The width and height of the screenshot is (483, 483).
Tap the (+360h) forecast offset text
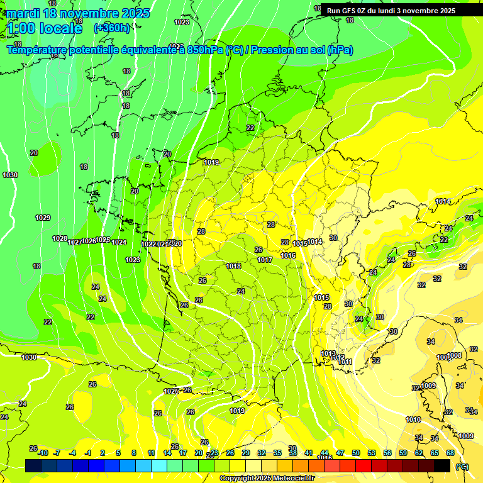tap(112, 28)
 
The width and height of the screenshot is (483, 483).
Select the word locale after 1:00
tap(60, 28)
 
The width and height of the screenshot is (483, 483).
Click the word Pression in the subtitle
tap(277, 50)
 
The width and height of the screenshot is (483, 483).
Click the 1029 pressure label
tap(43, 218)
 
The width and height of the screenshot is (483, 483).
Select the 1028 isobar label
tap(60, 238)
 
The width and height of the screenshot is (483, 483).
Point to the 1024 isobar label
tap(119, 242)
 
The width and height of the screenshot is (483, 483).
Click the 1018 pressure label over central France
tap(233, 266)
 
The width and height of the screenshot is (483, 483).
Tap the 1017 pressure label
tap(265, 260)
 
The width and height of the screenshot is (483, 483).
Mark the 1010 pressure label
tap(413, 419)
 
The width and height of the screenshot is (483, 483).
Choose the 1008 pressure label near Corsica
tap(454, 356)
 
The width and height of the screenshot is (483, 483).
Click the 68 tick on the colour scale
tap(450, 453)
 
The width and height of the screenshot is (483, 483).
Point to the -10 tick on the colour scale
tap(42, 453)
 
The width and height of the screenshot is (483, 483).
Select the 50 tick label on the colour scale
tap(356, 453)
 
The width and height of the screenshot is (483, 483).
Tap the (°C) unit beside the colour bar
tap(462, 466)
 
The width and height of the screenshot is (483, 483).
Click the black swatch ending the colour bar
tap(442, 465)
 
